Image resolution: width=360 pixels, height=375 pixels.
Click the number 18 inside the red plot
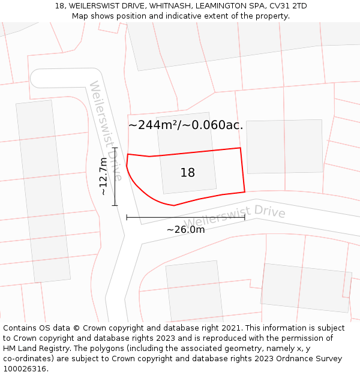coord(187,173)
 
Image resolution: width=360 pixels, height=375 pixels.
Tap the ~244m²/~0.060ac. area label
coord(185,125)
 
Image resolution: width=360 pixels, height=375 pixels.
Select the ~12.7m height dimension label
coord(104,176)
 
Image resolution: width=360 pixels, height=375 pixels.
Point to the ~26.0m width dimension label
coord(185,229)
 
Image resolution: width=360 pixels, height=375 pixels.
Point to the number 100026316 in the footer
coord(23,369)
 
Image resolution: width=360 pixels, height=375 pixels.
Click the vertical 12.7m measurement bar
coord(115,176)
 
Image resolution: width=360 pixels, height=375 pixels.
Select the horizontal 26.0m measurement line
coord(185,217)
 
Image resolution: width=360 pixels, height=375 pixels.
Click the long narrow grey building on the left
coord(43,191)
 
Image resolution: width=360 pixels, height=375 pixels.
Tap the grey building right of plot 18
coord(284,146)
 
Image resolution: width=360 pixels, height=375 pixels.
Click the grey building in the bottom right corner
coord(306,287)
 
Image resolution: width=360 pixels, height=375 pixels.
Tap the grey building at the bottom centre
coord(194,291)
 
